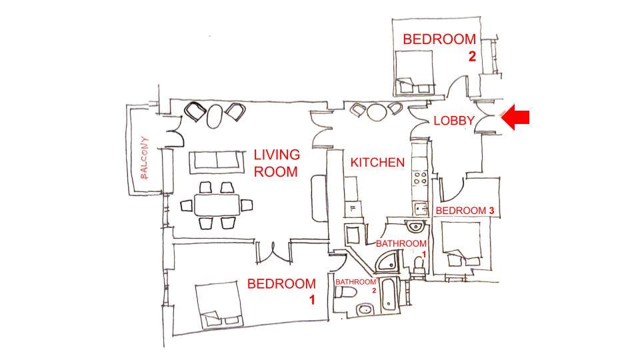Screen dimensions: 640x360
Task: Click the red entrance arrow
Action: (515, 117)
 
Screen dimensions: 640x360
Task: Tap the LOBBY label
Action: (454, 121)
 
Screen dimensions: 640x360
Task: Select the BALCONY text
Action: (144, 157)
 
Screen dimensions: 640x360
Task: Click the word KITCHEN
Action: (377, 163)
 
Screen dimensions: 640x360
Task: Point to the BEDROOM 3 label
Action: (465, 211)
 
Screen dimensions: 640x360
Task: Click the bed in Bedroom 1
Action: (218, 303)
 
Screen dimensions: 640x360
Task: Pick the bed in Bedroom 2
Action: (414, 72)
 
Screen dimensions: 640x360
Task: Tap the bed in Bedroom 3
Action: (461, 244)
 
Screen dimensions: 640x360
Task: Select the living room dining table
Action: (217, 205)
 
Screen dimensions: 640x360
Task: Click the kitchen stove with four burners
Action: (420, 178)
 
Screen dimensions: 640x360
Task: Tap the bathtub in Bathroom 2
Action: (389, 294)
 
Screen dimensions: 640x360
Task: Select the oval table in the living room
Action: (215, 116)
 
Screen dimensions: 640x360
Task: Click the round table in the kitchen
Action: (376, 111)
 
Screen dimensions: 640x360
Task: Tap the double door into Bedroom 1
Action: (273, 253)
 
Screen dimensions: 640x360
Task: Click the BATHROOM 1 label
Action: (401, 247)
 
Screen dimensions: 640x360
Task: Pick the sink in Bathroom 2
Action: (365, 310)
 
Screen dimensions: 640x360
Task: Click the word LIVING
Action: (277, 155)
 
